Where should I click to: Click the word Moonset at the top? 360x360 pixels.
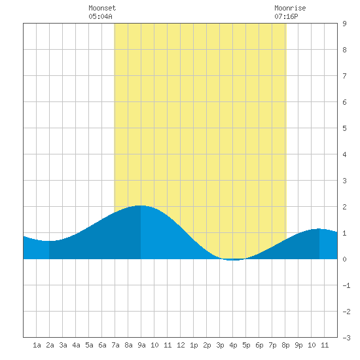(102, 8)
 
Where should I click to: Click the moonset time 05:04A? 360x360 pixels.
(100, 16)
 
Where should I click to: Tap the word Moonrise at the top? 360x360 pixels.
(290, 8)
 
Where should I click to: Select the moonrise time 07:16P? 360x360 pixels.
(286, 16)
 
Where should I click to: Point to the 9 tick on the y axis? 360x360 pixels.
(344, 24)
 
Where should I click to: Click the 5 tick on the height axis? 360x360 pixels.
(344, 128)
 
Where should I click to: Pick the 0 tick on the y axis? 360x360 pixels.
(344, 259)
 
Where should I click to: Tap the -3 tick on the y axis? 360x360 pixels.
(346, 338)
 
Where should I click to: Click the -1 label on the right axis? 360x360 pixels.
(346, 285)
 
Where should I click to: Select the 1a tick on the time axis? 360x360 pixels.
(37, 345)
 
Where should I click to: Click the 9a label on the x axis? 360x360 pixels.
(141, 345)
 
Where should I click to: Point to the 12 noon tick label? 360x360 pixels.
(181, 345)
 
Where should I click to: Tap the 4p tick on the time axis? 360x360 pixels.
(233, 345)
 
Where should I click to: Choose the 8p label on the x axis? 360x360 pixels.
(285, 345)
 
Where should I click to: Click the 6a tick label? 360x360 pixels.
(102, 345)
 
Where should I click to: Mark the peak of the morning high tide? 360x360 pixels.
(140, 206)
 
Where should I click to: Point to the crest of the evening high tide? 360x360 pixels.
(319, 228)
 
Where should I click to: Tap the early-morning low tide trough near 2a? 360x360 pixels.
(49, 241)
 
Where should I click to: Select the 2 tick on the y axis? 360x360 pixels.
(344, 207)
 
